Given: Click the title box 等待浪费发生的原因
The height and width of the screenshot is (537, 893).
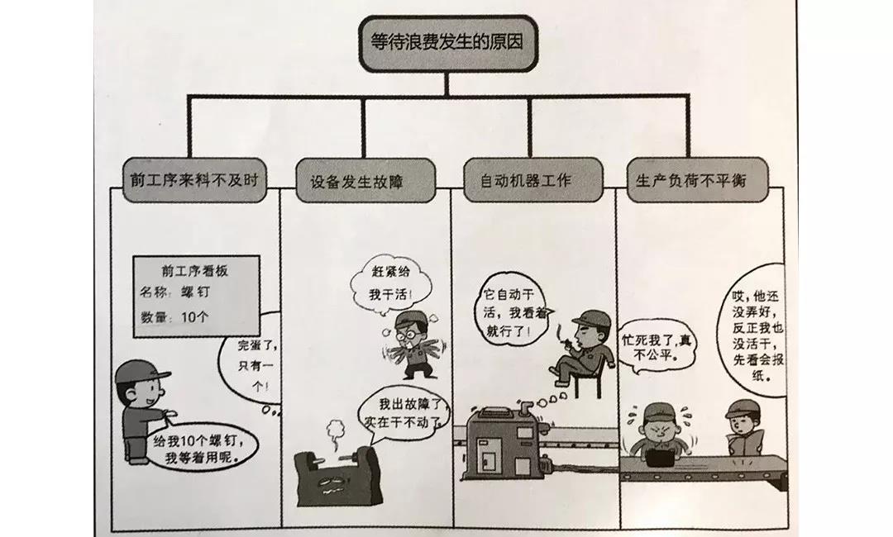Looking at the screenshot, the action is pos(447,44).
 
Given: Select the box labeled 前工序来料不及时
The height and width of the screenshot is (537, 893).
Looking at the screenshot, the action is pos(194,180).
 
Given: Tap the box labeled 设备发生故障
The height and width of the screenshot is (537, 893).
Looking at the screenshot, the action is pos(365,181).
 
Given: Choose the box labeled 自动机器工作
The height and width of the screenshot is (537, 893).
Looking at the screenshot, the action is pos(532,180).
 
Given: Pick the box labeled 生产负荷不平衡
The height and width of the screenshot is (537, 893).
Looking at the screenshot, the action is pos(697,180).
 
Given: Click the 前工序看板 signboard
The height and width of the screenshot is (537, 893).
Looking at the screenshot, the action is pos(196,296).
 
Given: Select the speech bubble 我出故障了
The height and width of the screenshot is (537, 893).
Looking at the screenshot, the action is pos(404,413).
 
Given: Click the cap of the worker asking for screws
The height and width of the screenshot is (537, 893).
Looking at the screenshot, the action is pos(141,373).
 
